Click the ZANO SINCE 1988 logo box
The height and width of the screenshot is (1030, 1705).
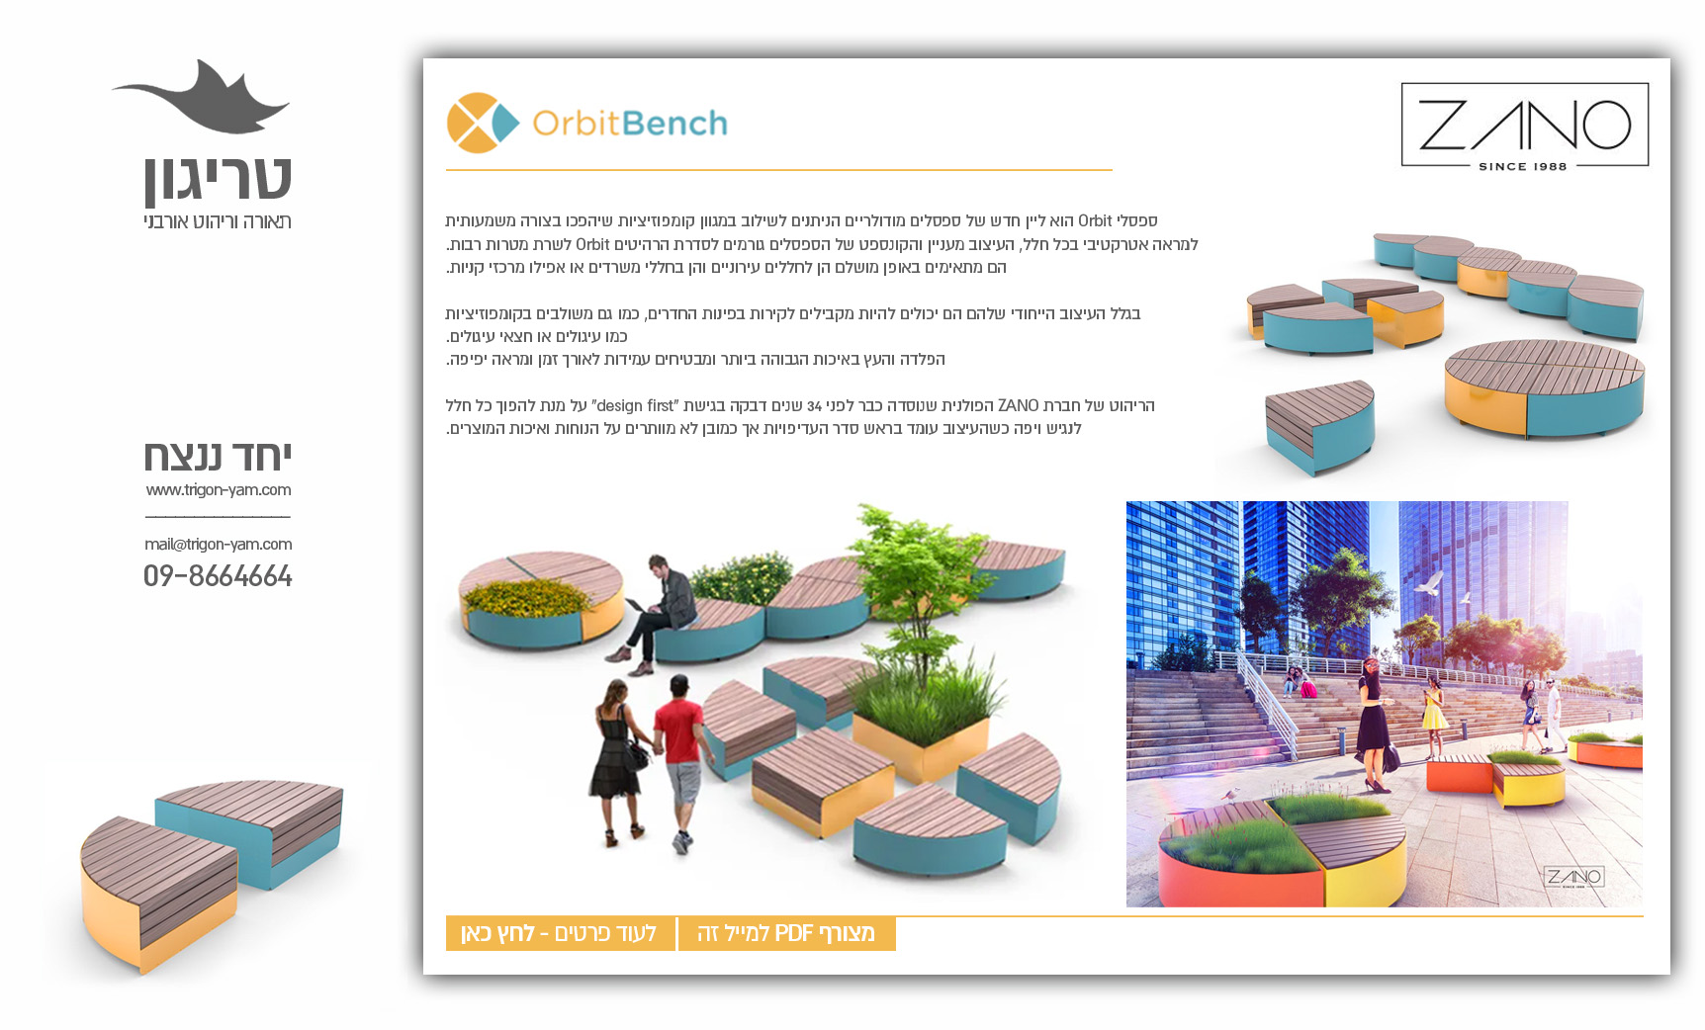[x=1524, y=126]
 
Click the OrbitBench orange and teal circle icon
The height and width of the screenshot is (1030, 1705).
[x=483, y=123]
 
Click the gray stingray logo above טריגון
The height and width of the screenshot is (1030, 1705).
[x=201, y=98]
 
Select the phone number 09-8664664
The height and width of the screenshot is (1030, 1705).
[x=218, y=576]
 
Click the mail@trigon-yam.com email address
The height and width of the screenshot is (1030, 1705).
[x=218, y=545]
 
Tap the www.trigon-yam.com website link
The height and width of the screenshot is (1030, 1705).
[x=218, y=490]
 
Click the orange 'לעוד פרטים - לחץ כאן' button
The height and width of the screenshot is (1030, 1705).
[x=560, y=933]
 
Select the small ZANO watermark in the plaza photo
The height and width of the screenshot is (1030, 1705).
[x=1573, y=877]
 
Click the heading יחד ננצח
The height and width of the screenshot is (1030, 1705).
[x=218, y=457]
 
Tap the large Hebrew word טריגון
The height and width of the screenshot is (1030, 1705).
[x=218, y=179]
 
